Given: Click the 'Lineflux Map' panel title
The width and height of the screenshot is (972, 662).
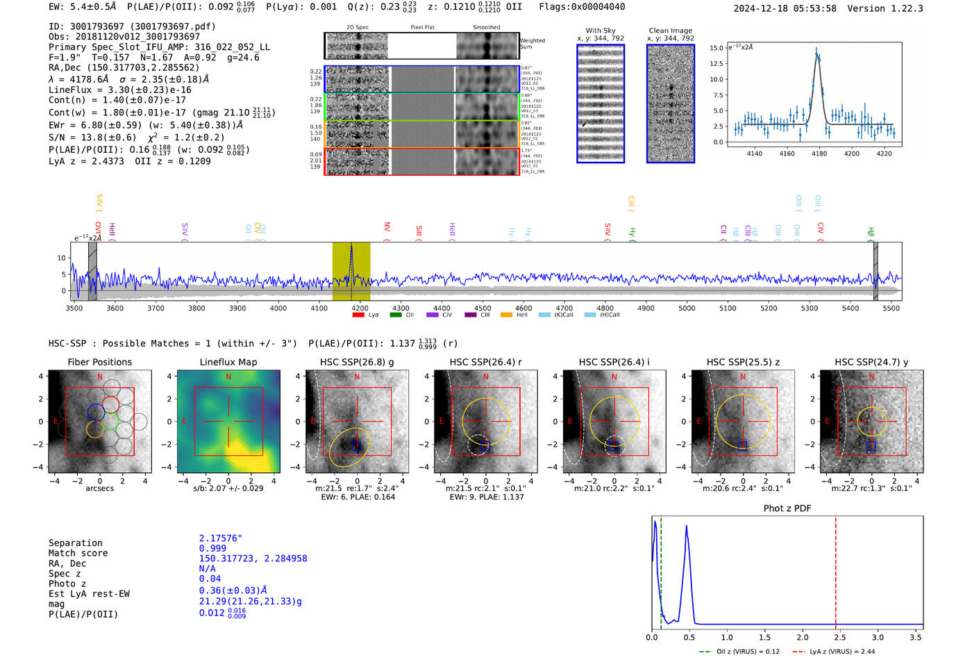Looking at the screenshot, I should [x=228, y=362].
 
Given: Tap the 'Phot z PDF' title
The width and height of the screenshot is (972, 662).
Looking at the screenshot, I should [x=787, y=508].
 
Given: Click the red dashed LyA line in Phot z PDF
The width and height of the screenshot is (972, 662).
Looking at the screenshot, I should [x=836, y=570].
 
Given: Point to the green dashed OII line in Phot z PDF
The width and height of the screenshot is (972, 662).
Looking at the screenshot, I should [x=661, y=570].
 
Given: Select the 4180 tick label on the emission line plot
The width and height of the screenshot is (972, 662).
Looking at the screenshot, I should [x=819, y=154].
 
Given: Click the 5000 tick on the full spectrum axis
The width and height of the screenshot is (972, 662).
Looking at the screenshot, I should [x=687, y=308].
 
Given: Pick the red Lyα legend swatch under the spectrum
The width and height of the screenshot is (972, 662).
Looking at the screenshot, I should [x=358, y=315].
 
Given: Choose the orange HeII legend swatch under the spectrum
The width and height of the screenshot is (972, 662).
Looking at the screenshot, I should [x=506, y=315].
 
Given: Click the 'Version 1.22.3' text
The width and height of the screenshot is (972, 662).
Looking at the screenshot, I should [x=885, y=8].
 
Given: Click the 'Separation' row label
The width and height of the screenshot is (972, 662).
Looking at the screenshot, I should [x=76, y=543].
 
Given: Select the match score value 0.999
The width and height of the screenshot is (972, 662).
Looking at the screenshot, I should [x=212, y=549].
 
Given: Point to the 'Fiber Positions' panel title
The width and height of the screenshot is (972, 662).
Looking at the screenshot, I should [x=99, y=362].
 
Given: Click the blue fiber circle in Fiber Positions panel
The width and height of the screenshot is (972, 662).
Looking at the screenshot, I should [x=96, y=413].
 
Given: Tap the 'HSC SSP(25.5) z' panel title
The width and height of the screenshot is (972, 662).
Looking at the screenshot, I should [x=743, y=362].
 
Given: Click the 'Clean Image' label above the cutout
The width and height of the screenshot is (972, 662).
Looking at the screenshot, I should [x=670, y=31].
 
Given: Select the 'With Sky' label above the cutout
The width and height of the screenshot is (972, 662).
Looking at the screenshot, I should [x=601, y=31].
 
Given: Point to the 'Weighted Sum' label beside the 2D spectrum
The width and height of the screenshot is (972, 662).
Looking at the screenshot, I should [x=532, y=44].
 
